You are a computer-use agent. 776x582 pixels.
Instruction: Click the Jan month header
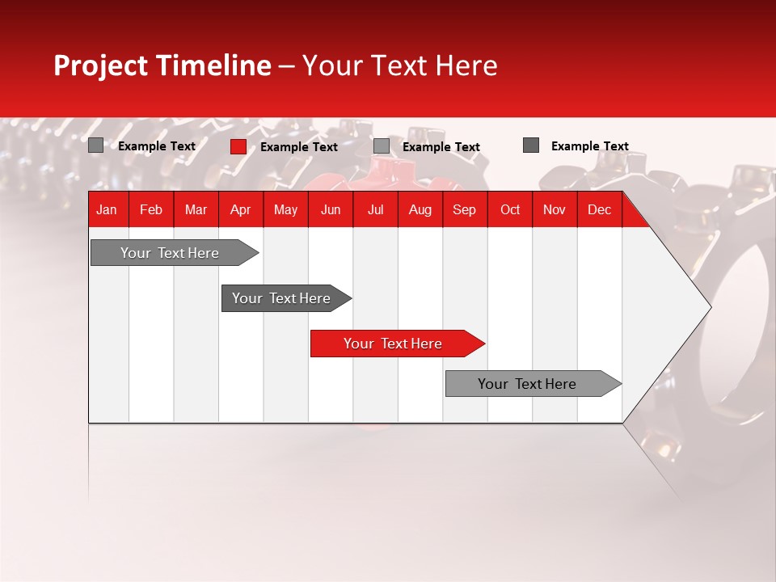point(107,210)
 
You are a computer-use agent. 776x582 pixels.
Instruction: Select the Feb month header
point(151,210)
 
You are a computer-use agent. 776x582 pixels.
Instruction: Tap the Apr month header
point(241,210)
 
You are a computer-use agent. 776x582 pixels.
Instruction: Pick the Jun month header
point(331,210)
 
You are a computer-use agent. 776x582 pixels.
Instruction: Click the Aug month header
point(420,210)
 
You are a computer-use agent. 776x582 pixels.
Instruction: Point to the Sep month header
point(465,210)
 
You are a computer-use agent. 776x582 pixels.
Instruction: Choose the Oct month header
point(510,210)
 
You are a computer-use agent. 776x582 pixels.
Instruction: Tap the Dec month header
point(600,210)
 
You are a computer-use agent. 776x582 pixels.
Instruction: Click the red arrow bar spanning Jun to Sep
point(394,344)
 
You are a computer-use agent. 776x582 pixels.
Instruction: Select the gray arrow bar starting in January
point(171,253)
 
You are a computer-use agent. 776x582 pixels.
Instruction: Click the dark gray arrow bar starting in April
point(282,298)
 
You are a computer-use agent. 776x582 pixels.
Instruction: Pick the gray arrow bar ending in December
point(528,384)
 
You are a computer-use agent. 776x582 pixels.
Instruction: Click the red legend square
point(238,146)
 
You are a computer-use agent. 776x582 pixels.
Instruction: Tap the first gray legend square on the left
point(96,145)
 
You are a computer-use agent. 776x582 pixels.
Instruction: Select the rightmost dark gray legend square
point(531,145)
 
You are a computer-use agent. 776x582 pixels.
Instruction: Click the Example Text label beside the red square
point(299,147)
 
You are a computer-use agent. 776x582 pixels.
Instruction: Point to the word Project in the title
point(100,65)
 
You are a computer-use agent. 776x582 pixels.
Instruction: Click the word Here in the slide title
point(466,65)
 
